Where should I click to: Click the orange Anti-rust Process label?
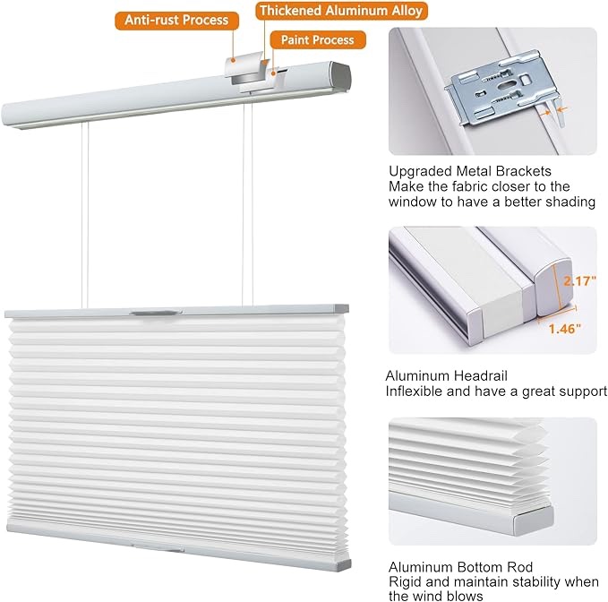(x=177, y=20)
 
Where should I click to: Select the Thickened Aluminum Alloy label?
(x=340, y=12)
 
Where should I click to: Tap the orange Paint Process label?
(x=317, y=40)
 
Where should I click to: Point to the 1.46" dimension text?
(x=565, y=328)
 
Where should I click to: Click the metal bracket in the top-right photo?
(x=505, y=87)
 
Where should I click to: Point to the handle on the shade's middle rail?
(x=151, y=313)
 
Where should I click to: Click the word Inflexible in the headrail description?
(x=415, y=391)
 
